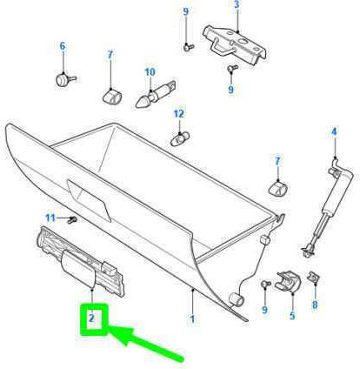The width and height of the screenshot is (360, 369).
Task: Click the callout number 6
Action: [63, 46]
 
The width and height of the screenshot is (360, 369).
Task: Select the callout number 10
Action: [150, 72]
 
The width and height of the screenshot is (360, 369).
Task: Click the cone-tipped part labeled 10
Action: [156, 95]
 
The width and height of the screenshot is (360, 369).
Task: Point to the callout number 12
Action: [179, 114]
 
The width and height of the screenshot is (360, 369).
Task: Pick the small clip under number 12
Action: [180, 138]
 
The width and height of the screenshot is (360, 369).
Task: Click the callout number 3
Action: [237, 4]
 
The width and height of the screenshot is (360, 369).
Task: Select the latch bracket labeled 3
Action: [235, 44]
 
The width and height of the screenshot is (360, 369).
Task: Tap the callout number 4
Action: [334, 132]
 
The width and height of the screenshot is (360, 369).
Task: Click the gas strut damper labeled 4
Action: [328, 207]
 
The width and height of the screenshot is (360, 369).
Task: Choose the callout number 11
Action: [50, 218]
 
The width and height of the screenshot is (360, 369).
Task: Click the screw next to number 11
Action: [71, 220]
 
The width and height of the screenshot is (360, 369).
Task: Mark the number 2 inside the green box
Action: [91, 319]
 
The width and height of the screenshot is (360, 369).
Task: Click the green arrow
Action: [146, 343]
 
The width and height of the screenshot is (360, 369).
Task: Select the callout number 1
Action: [192, 319]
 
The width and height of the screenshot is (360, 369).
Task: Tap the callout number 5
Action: [292, 316]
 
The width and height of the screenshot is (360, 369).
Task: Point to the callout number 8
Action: [315, 305]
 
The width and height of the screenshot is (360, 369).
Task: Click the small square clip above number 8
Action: [313, 277]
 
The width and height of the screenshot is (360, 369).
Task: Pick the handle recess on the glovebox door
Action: [89, 201]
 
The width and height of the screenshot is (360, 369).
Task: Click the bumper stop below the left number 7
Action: [112, 97]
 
